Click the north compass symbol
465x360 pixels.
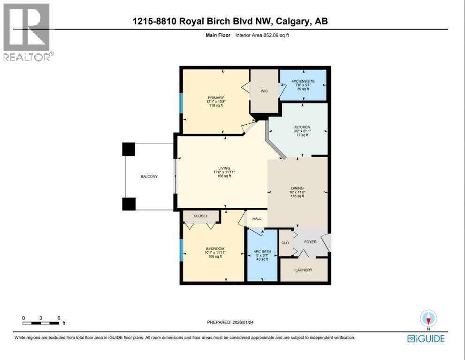click(x=428, y=319)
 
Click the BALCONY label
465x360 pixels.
click(x=149, y=177)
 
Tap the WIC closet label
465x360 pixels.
click(x=264, y=91)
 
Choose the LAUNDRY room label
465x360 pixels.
click(x=304, y=270)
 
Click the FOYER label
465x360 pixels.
click(x=310, y=242)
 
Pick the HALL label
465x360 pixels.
click(x=257, y=219)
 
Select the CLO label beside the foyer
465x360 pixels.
click(x=285, y=243)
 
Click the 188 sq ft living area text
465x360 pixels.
click(x=224, y=177)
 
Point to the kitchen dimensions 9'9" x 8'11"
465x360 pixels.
click(x=302, y=131)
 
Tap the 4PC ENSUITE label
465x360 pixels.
click(x=303, y=81)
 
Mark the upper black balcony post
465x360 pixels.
click(x=129, y=150)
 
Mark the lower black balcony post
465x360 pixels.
click(x=129, y=204)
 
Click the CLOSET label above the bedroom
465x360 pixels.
click(x=201, y=216)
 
